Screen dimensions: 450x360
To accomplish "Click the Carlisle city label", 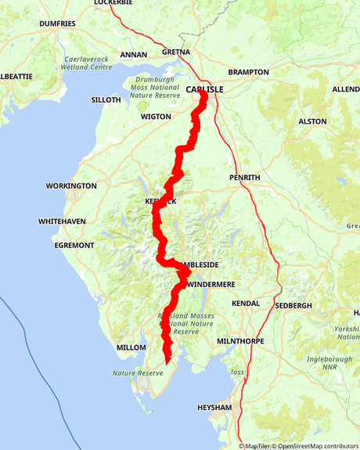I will click(x=205, y=89).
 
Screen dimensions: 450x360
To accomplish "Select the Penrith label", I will click(x=245, y=178).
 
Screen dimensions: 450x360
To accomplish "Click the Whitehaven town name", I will click(x=62, y=222).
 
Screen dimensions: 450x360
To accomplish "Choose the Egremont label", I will click(x=74, y=245).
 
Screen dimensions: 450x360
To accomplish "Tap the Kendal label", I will click(x=244, y=302).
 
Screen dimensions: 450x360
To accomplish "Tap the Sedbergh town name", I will click(x=293, y=304).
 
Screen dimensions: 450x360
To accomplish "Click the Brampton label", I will click(x=248, y=72).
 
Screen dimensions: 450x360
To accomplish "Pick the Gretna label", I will click(x=175, y=52).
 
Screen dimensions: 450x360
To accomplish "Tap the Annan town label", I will click(x=133, y=55).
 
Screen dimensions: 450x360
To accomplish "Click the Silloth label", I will click(x=106, y=100).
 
